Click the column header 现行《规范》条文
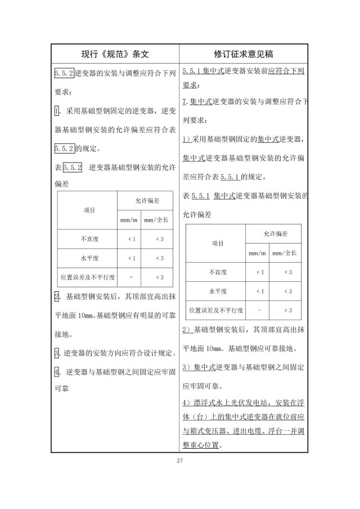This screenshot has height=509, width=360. click(115, 54)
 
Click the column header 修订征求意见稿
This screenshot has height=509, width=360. click(244, 54)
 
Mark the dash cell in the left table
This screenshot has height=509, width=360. click(131, 277)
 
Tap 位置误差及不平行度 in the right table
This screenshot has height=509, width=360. click(216, 310)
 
